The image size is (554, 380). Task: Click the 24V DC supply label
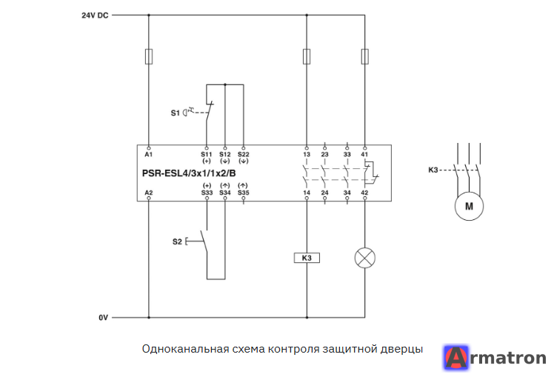(x=95, y=16)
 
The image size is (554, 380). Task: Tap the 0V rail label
(x=103, y=318)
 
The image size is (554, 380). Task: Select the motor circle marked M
(x=469, y=207)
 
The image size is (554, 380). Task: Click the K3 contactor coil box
(x=307, y=258)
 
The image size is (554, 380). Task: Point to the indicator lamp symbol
(x=365, y=258)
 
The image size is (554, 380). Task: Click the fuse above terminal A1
(x=149, y=56)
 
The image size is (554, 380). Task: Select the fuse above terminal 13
(x=307, y=56)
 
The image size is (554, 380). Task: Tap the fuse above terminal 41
(x=365, y=56)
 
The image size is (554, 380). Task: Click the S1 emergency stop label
(x=176, y=113)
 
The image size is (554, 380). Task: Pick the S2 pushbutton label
(x=177, y=241)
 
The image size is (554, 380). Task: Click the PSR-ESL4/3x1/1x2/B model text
(x=189, y=173)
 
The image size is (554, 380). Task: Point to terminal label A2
(x=149, y=193)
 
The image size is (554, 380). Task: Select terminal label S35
(x=244, y=193)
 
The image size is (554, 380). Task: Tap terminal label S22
(x=244, y=155)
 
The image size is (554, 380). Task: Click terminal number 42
(x=364, y=193)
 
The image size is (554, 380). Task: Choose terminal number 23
(x=324, y=155)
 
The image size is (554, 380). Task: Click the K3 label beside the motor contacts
(x=433, y=170)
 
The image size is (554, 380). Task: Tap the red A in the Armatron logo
(x=456, y=358)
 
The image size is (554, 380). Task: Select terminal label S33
(x=207, y=193)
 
